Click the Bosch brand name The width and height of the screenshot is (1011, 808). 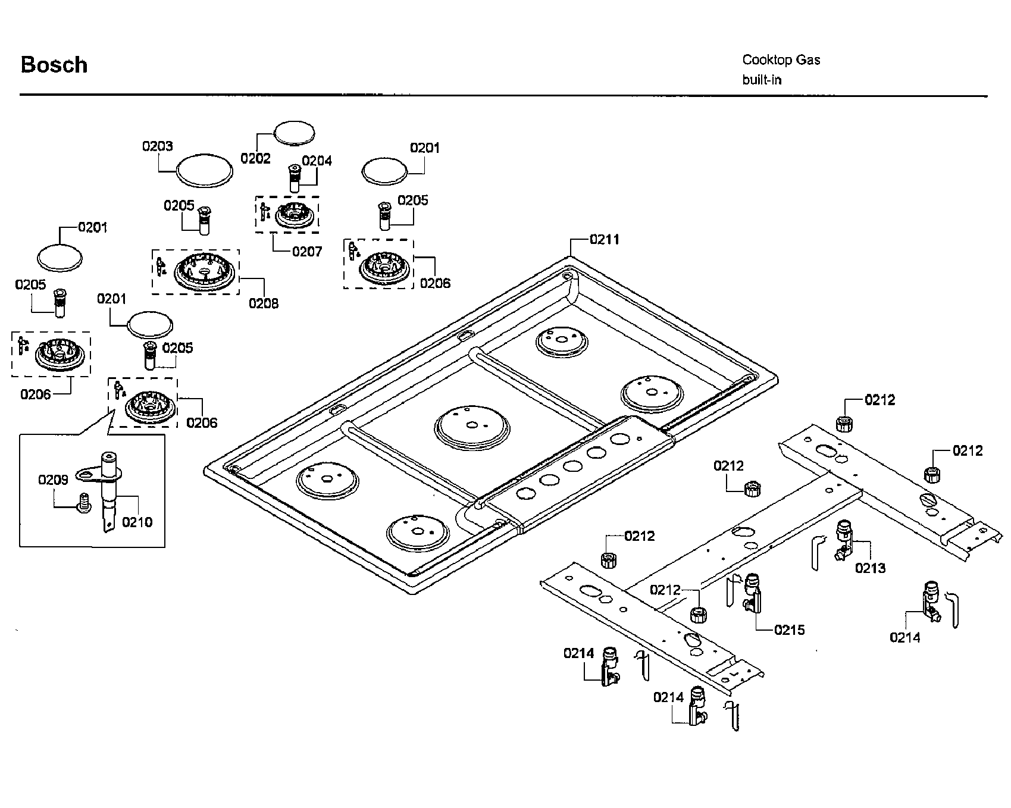(x=54, y=65)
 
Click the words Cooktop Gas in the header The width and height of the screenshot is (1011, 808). (x=781, y=59)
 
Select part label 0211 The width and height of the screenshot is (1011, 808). (x=604, y=239)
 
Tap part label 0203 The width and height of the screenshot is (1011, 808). (x=157, y=146)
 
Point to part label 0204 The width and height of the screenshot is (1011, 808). (x=317, y=161)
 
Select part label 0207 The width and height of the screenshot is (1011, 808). (x=306, y=252)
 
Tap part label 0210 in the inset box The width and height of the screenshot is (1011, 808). (x=137, y=522)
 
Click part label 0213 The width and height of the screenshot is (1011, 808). (x=870, y=568)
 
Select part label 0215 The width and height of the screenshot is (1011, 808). (x=789, y=630)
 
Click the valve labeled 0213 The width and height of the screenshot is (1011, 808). (x=844, y=539)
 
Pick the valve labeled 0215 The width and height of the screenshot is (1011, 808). (x=752, y=593)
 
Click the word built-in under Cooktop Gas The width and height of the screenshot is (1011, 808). (x=761, y=80)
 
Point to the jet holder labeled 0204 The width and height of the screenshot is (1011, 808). (x=295, y=177)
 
